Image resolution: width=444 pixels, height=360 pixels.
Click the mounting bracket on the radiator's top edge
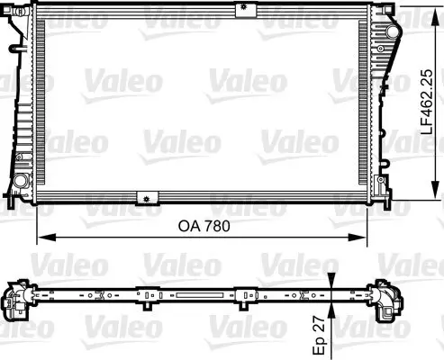[x=242, y=9]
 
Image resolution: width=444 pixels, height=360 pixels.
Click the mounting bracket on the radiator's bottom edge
[x=142, y=198]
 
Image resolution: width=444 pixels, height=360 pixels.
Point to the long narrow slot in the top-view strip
[x=195, y=293]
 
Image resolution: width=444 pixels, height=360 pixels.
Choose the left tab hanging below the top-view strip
[x=144, y=296]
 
